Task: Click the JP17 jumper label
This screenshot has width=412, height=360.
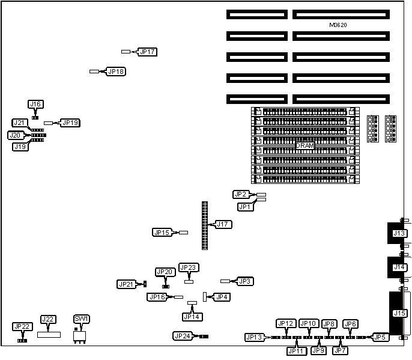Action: coord(148,52)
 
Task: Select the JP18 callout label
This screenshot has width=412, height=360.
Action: coord(116,72)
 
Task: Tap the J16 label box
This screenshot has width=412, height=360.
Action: coord(36,104)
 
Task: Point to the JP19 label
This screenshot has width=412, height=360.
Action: coord(70,123)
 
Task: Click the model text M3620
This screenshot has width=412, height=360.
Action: coord(339,25)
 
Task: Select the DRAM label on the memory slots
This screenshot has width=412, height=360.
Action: coord(305,146)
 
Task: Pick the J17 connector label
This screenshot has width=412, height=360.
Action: coord(223,225)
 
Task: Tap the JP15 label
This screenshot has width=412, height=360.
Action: coord(162,233)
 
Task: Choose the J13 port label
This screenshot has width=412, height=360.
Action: coord(399,233)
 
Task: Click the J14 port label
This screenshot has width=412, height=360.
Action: coord(399,267)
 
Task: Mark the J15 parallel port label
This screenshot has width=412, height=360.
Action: coord(399,313)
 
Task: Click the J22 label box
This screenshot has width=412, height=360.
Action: coord(48,319)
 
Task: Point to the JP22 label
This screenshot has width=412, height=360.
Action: coord(22,326)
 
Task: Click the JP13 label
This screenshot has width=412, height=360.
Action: coord(254,338)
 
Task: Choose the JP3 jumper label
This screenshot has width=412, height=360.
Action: coord(244,281)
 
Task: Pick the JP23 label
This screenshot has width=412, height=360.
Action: coord(189,267)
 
